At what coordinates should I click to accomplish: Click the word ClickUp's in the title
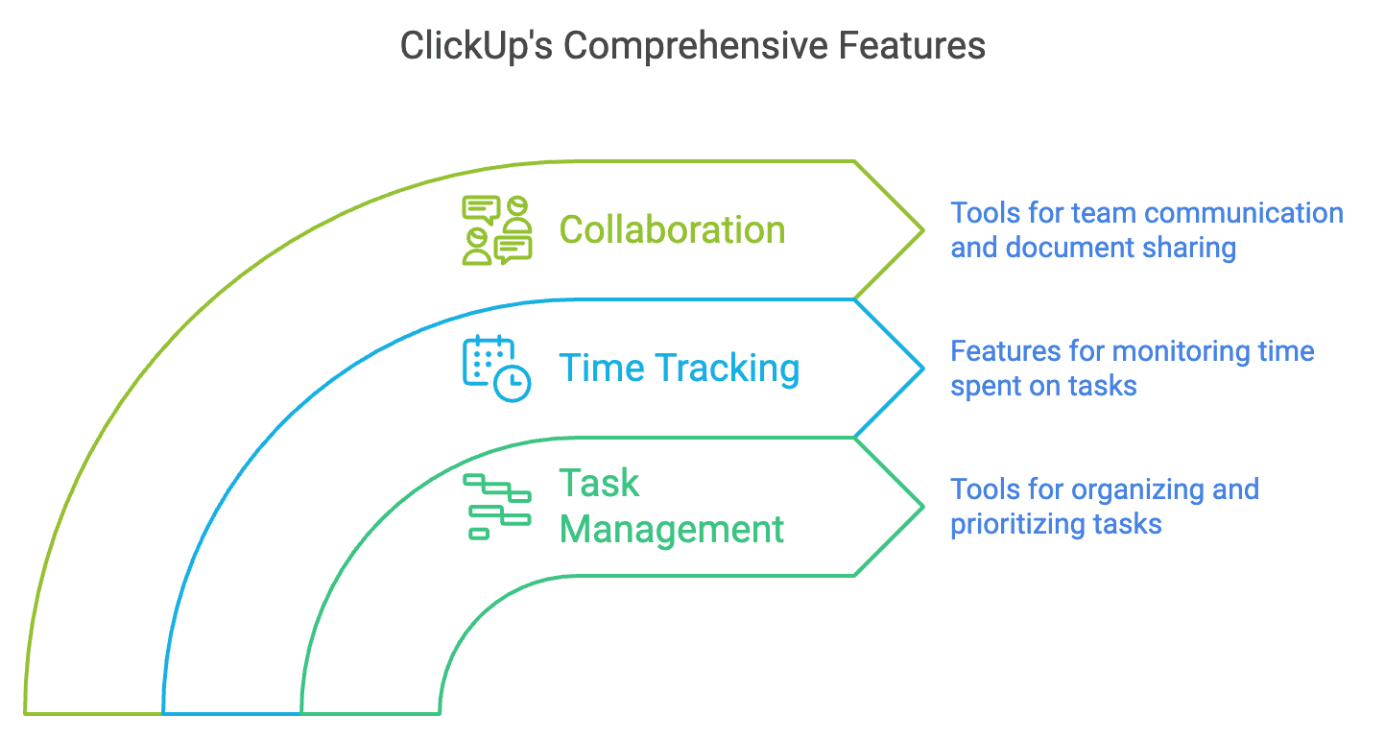pyautogui.click(x=476, y=47)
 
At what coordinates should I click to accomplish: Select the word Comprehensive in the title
pyautogui.click(x=695, y=47)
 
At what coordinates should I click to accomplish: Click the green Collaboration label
pyautogui.click(x=672, y=230)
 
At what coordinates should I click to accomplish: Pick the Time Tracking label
pyautogui.click(x=679, y=369)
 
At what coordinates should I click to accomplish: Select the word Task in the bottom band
pyautogui.click(x=599, y=483)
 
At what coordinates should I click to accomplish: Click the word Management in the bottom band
pyautogui.click(x=672, y=530)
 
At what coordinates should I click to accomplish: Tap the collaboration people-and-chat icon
pyautogui.click(x=497, y=230)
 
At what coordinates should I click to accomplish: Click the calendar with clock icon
pyautogui.click(x=496, y=369)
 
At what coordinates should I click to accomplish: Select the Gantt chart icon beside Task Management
pyautogui.click(x=497, y=507)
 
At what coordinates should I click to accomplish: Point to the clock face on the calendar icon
pyautogui.click(x=513, y=384)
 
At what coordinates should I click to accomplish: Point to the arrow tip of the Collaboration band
pyautogui.click(x=923, y=230)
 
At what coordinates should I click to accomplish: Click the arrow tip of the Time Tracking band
pyautogui.click(x=923, y=369)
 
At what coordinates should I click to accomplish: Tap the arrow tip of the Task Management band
pyautogui.click(x=923, y=507)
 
